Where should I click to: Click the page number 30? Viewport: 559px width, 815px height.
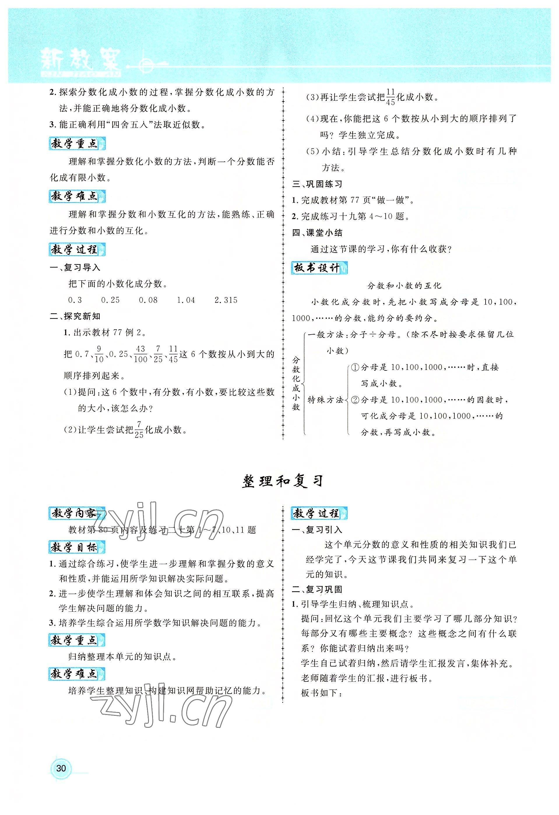61,768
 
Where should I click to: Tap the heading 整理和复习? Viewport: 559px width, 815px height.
282,482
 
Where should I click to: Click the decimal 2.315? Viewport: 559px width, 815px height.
226,300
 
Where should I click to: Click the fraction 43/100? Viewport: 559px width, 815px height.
140,354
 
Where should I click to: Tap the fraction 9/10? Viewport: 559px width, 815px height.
99,354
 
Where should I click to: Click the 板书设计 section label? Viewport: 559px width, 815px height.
319,268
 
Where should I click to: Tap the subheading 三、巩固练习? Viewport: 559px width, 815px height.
317,184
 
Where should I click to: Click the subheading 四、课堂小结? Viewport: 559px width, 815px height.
317,233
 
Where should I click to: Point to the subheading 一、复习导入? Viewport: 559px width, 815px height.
75,267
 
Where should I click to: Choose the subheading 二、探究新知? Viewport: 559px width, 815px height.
75,316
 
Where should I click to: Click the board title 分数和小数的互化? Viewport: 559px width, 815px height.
404,286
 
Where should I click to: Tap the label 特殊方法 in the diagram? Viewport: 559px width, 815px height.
325,400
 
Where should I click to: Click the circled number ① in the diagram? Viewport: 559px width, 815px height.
355,368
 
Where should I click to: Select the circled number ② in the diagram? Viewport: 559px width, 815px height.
355,400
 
